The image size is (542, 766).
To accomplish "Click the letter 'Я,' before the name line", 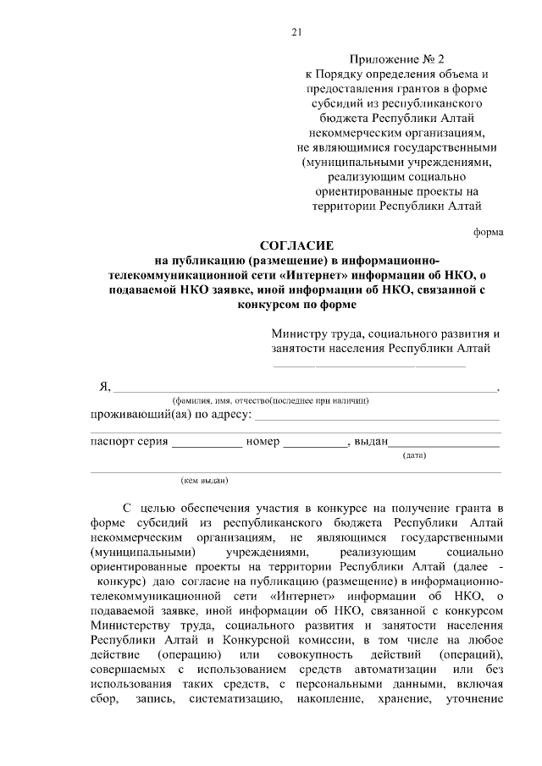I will (x=104, y=387).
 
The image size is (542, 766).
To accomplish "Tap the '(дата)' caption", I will (x=414, y=455).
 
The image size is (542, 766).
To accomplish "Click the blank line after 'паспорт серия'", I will (x=207, y=443).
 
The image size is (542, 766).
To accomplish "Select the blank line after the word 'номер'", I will (x=314, y=443).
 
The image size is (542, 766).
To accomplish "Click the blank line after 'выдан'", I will (x=443, y=443).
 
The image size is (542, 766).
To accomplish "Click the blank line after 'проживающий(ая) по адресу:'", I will (x=377, y=416).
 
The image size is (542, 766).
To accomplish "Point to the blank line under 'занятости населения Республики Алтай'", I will (x=368, y=365).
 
